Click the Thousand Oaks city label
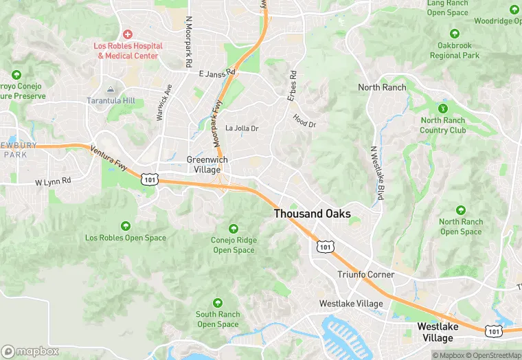[x=312, y=214]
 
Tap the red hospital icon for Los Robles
[x=128, y=34]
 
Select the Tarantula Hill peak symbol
[x=110, y=89]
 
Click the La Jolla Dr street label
[x=242, y=128]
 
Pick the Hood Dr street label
[x=304, y=120]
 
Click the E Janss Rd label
[x=216, y=73]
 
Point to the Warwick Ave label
[x=164, y=103]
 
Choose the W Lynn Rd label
[x=53, y=181]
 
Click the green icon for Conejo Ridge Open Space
[x=234, y=229]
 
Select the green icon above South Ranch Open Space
[x=218, y=303]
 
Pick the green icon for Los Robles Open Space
[x=126, y=226]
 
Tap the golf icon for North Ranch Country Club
[x=443, y=108]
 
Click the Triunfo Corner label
[x=366, y=275]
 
